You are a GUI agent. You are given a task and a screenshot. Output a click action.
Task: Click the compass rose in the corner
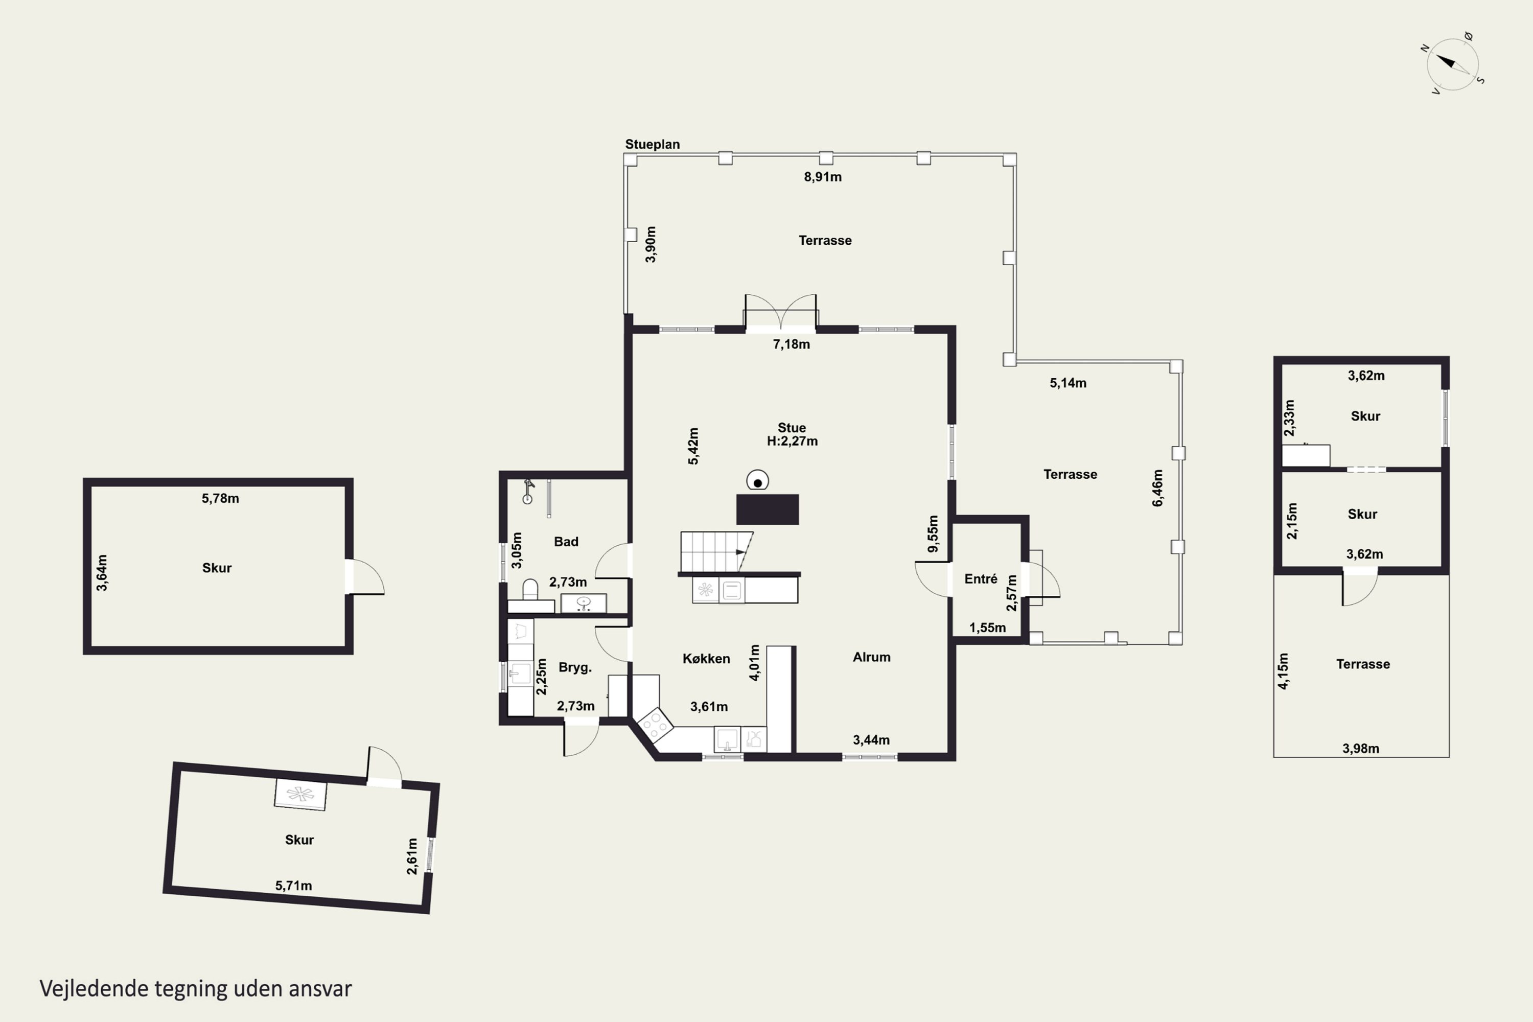point(1452,64)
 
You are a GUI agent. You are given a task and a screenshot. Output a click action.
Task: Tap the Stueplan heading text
point(653,144)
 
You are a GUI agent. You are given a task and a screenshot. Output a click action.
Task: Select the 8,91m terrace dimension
point(823,177)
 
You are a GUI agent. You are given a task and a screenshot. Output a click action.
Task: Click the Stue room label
point(792,428)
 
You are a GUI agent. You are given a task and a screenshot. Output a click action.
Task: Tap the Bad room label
point(566,542)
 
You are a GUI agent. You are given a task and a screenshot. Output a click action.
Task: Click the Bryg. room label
point(575,667)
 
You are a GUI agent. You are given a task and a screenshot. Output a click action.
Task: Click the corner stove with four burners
point(655,724)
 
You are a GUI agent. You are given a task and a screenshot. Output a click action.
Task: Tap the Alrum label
point(871,657)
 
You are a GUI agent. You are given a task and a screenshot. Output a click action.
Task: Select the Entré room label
point(981,579)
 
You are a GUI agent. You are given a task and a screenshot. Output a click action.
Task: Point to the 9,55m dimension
point(934,534)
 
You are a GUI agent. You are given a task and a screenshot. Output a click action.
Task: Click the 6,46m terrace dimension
point(1157,488)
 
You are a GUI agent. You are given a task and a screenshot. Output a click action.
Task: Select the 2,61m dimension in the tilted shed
point(412,856)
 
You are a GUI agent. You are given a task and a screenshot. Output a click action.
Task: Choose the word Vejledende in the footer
point(94,989)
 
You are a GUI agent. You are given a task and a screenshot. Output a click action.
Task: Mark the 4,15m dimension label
point(1283,671)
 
